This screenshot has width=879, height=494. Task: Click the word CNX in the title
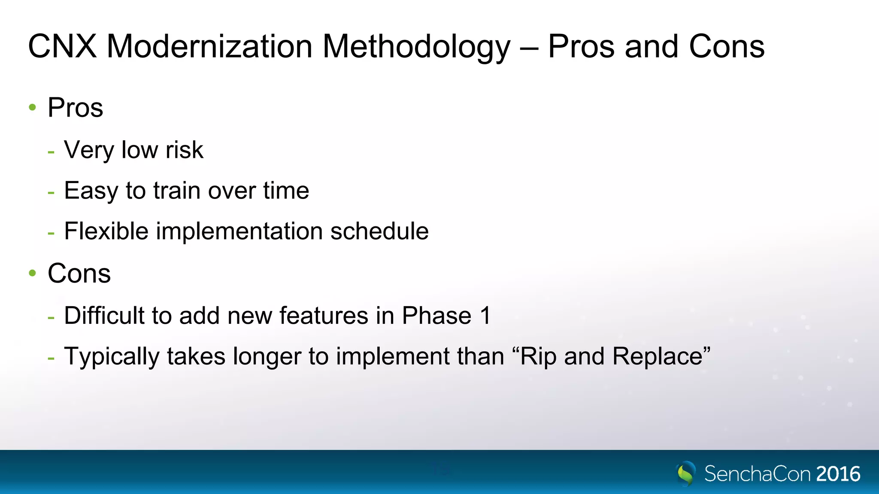[x=62, y=46]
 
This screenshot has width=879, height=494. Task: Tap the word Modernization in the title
[x=209, y=46]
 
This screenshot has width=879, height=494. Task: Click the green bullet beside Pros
[x=33, y=107]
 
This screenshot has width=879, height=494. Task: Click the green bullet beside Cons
[x=33, y=273]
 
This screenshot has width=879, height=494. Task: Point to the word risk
[x=184, y=150]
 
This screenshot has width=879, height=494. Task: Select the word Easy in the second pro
[x=91, y=191]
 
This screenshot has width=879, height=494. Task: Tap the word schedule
[x=379, y=231]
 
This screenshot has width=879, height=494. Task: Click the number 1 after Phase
[x=485, y=316]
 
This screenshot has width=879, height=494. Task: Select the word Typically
[x=112, y=357]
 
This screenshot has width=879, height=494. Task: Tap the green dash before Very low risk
[x=51, y=151]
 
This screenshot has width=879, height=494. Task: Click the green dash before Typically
[x=51, y=358]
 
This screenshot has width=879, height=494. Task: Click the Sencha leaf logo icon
[x=686, y=473]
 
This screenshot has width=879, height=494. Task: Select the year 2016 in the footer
[x=838, y=474]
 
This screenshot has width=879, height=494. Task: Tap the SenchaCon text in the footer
[x=758, y=474]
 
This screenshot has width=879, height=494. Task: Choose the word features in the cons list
[x=324, y=316]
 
